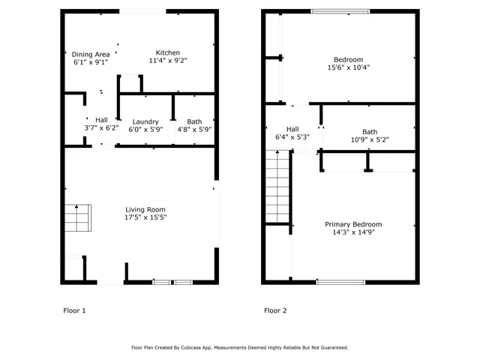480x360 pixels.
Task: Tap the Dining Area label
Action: tap(90, 53)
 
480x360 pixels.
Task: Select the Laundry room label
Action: tap(145, 121)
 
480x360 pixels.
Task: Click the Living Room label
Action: tap(145, 209)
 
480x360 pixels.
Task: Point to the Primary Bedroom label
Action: tap(352, 224)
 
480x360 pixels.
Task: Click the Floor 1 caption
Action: tap(73, 310)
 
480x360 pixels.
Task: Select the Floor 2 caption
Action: tap(274, 310)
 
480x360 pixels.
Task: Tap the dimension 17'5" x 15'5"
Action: tap(145, 217)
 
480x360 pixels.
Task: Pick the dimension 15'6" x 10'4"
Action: tap(348, 67)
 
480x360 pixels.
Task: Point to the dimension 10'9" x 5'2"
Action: tap(370, 139)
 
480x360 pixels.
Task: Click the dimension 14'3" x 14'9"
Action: tap(352, 232)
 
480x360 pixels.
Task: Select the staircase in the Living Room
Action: tap(77, 220)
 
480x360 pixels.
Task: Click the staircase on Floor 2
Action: tap(278, 185)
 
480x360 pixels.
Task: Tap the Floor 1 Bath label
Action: tap(194, 121)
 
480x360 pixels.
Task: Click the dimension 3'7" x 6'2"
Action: tap(101, 129)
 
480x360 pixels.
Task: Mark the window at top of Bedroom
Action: tap(340, 11)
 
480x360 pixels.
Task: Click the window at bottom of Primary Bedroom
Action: tap(340, 282)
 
